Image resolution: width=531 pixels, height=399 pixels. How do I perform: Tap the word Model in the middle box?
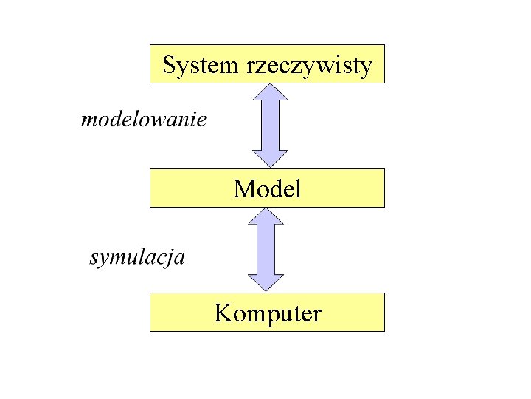pos(267,189)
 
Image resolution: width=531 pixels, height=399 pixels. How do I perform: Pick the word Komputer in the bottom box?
pos(268,314)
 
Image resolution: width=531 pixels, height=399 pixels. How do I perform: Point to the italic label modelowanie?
pos(143,119)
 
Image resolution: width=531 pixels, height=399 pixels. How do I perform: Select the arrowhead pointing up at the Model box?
pos(266,217)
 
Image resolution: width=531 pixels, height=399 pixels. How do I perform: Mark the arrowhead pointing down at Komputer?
pos(266,282)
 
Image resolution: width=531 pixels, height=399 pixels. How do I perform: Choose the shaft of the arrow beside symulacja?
pos(266,250)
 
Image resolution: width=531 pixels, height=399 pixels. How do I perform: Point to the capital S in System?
pos(169,65)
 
